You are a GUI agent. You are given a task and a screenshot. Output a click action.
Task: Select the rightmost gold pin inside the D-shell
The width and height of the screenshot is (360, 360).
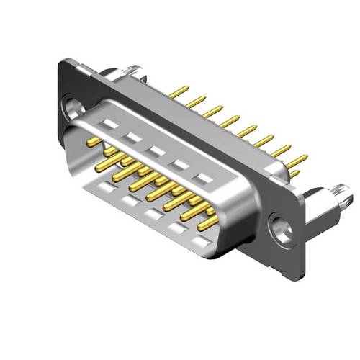point(208,222)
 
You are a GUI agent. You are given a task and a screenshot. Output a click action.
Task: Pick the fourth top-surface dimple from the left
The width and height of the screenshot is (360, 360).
point(181,163)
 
